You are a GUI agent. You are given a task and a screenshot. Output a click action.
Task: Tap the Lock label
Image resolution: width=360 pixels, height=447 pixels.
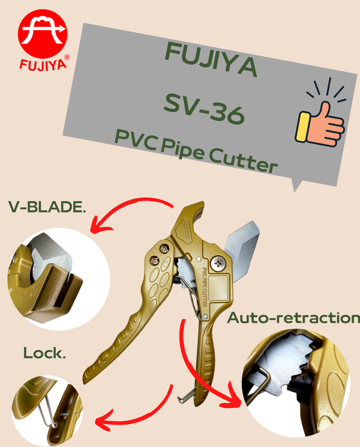tap(44, 353)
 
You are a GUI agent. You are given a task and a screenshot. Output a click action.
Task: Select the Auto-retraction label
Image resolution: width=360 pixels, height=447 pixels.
tap(293, 318)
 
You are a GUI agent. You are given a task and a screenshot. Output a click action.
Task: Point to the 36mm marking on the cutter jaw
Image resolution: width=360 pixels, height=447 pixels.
tap(189, 229)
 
